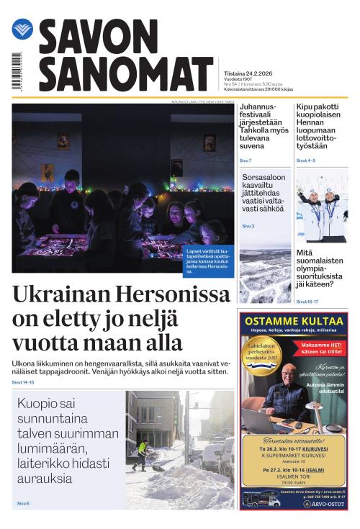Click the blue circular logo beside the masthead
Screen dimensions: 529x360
click(x=22, y=30)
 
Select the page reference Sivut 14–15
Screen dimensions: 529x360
click(x=23, y=382)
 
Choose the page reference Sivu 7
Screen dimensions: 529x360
click(x=246, y=160)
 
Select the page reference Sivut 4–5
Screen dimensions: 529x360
click(x=306, y=160)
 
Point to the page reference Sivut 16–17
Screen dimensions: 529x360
click(x=308, y=302)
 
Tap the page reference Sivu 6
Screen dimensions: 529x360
click(x=24, y=503)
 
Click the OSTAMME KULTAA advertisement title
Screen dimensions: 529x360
click(x=292, y=320)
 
